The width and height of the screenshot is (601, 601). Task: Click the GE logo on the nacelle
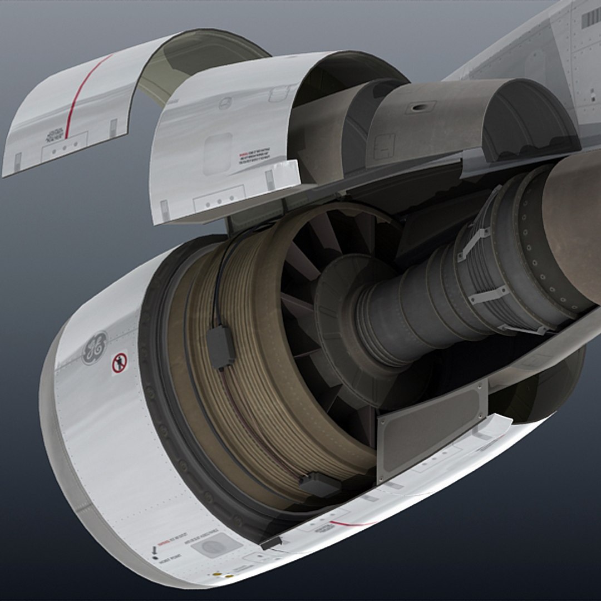95,348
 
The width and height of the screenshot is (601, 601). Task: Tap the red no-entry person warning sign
120,363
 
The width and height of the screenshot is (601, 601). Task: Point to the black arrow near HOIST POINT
154,550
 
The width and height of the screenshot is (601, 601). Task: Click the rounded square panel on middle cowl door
218,154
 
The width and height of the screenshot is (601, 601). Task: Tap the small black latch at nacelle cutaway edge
272,543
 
